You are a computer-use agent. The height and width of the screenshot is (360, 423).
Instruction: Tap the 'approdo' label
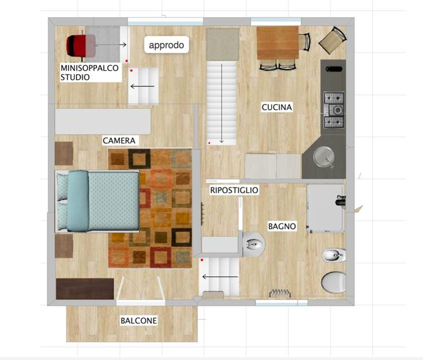(x=166, y=45)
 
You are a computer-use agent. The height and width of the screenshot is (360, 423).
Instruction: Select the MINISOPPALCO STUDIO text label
(x=89, y=72)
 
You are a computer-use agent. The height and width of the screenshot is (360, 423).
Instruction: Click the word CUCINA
(x=277, y=107)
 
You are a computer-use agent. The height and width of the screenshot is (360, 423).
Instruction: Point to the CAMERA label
(x=118, y=140)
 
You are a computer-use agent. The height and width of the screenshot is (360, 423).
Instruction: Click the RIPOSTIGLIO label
(x=234, y=190)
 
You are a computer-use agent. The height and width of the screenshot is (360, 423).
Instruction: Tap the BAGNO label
(x=282, y=226)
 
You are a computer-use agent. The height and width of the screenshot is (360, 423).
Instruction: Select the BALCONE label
(x=138, y=321)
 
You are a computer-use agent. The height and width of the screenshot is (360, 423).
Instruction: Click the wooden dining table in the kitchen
(x=278, y=43)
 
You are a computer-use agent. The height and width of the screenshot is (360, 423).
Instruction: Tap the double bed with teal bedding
(x=97, y=201)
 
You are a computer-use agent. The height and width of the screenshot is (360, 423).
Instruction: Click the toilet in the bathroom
(x=334, y=282)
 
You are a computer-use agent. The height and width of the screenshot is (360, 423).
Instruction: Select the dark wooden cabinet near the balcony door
(x=85, y=289)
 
